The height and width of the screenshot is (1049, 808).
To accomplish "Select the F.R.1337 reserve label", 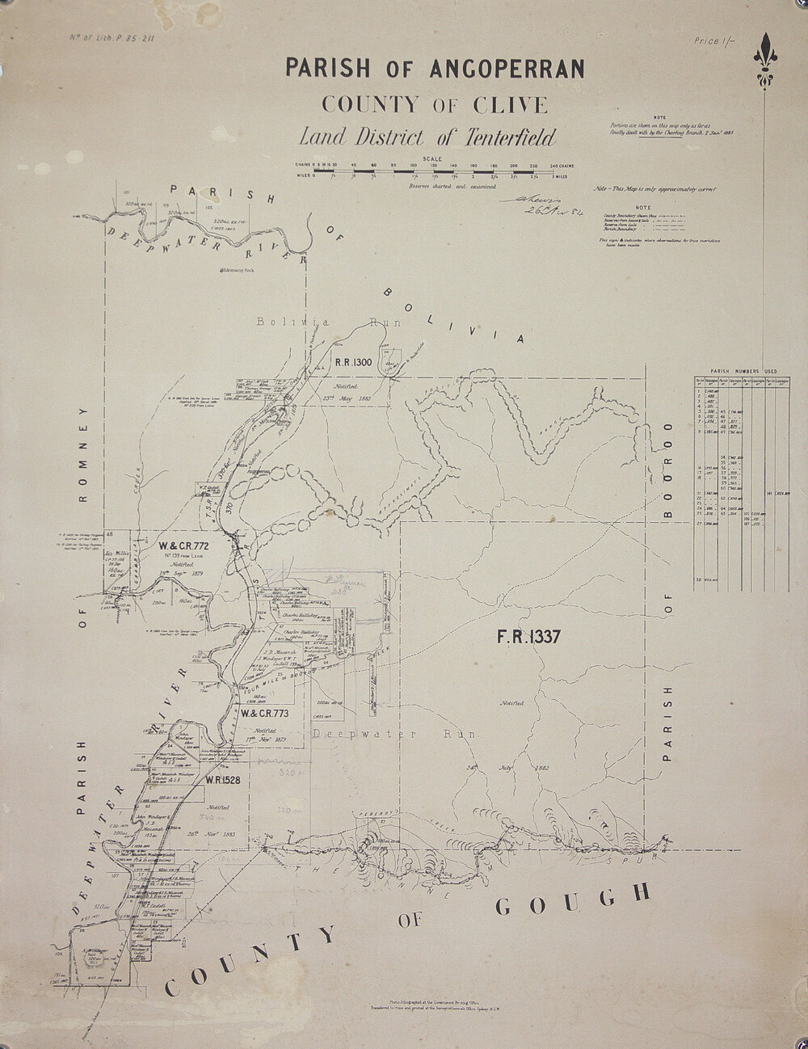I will pyautogui.click(x=528, y=638).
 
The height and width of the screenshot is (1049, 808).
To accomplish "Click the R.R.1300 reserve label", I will pyautogui.click(x=352, y=363).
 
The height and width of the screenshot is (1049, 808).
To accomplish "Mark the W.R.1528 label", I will pyautogui.click(x=219, y=781).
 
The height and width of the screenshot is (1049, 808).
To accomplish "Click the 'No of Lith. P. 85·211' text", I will pyautogui.click(x=103, y=37).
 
